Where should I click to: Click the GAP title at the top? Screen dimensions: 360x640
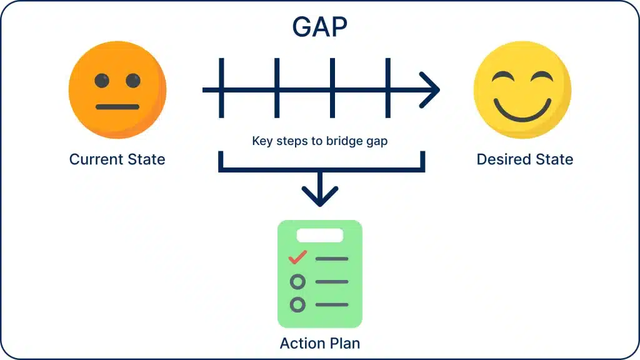[x=319, y=26]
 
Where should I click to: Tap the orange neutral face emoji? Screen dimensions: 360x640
[x=117, y=91]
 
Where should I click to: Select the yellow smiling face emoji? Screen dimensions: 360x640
[x=522, y=91]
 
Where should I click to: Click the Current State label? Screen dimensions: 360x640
[x=117, y=159]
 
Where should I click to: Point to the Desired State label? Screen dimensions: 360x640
[x=524, y=159]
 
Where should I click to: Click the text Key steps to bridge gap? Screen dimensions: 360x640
[x=319, y=141]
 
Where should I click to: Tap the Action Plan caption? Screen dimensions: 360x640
[x=319, y=343]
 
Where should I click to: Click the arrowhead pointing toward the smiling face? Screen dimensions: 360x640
[x=431, y=90]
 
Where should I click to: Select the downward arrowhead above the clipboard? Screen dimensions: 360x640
[x=319, y=195]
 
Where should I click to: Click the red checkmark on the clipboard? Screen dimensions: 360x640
[x=297, y=257]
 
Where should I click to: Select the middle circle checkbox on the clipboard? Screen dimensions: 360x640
[x=298, y=282]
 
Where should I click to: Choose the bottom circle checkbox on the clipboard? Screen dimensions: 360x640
[x=298, y=305]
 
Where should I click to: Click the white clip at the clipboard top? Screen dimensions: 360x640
[x=319, y=236]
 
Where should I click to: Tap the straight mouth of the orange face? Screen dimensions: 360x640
[x=117, y=107]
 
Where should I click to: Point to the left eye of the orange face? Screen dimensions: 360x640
[x=102, y=80]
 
